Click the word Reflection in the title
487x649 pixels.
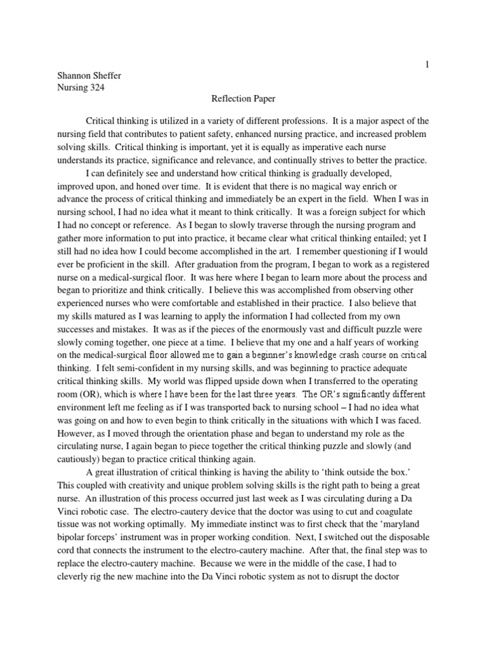(230, 99)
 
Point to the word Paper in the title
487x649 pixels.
(265, 99)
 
